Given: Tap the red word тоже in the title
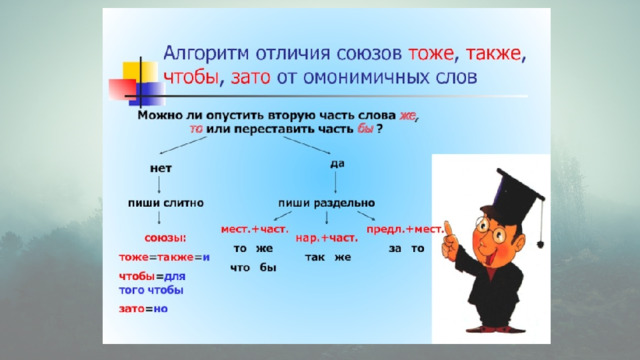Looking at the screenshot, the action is [x=431, y=53].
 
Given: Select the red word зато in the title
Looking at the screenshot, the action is [x=251, y=77].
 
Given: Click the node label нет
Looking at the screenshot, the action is [x=161, y=168].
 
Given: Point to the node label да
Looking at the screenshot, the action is [x=337, y=164].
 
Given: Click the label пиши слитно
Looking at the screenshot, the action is [x=166, y=203].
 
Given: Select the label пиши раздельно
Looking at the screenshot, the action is [x=327, y=203].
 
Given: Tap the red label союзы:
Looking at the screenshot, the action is [x=165, y=238].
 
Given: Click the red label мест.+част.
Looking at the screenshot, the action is [x=255, y=229].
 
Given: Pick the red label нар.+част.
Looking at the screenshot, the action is [x=327, y=238].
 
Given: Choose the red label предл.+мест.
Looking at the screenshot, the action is [x=404, y=229].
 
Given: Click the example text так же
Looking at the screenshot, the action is [x=328, y=257].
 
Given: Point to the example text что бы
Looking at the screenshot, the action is [x=253, y=268].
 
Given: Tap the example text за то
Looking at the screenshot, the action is [x=407, y=248].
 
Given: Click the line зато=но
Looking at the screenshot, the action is [x=143, y=309].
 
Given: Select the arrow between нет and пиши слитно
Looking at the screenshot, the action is [x=159, y=185].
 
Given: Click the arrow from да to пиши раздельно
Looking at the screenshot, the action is [x=336, y=182].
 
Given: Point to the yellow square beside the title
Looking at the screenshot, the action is [x=140, y=72].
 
